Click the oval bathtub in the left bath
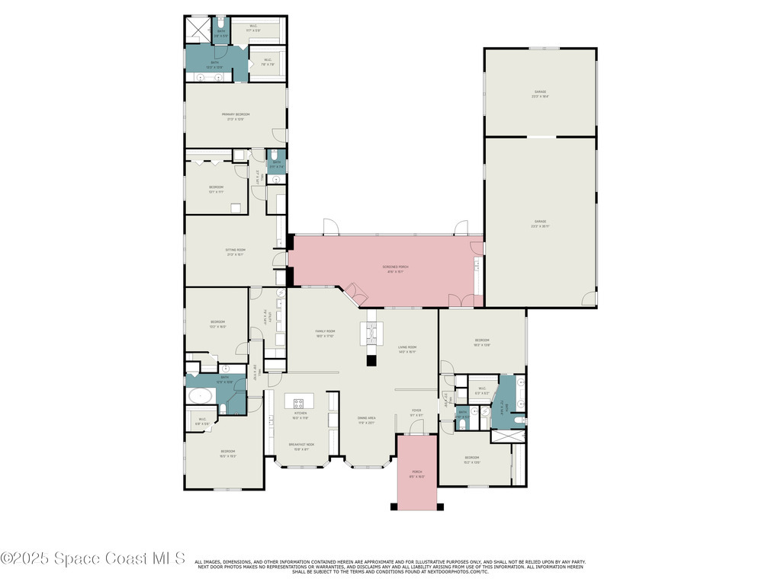tap(201, 395)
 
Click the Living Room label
tap(407, 349)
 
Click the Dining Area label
tap(367, 420)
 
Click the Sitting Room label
tap(236, 252)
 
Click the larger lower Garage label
tap(540, 223)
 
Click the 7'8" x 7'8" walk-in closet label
tap(268, 62)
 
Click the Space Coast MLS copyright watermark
tap(92, 558)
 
